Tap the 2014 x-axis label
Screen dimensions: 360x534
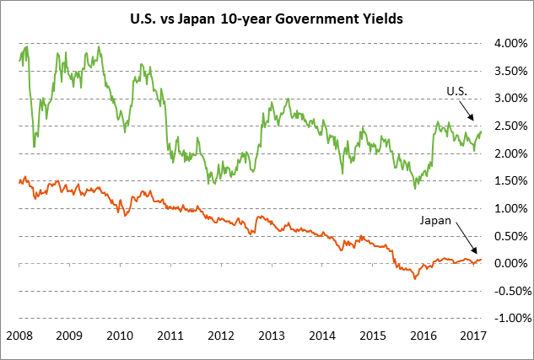325,336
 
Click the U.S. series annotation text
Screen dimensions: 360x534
454,90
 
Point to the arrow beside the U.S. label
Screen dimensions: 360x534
470,110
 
